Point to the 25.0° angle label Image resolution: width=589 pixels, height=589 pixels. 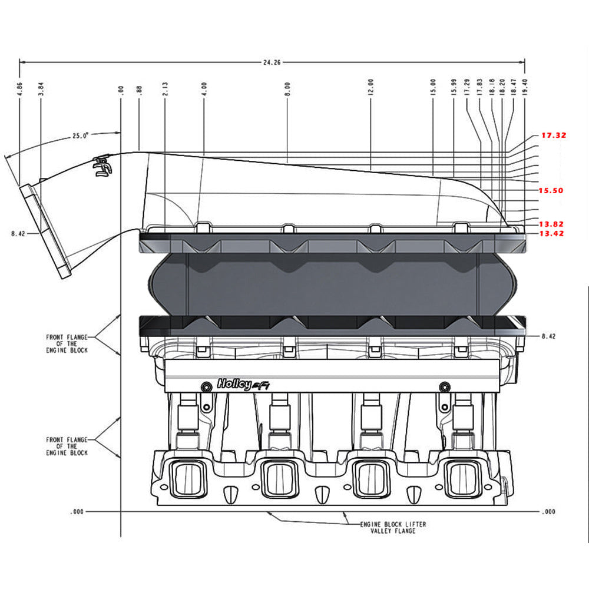click(x=81, y=135)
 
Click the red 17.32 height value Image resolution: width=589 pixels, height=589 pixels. click(x=554, y=135)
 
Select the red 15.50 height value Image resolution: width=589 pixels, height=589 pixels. click(x=551, y=191)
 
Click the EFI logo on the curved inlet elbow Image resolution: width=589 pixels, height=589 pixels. click(x=102, y=167)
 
